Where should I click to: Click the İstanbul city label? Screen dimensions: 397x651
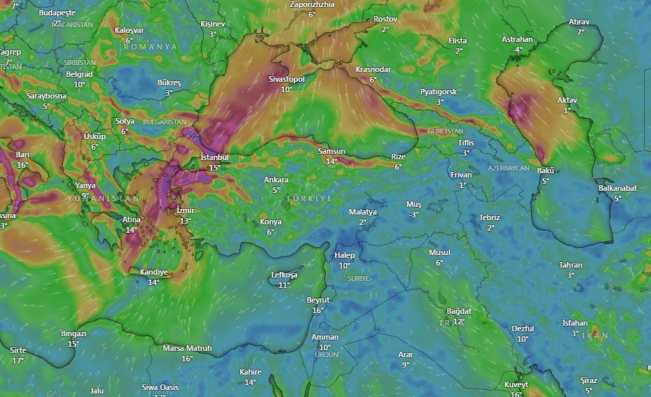[214, 157]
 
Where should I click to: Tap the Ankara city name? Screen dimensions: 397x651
[276, 180]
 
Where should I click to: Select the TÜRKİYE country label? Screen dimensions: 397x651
[309, 199]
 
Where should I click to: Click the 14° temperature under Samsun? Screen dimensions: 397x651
[331, 161]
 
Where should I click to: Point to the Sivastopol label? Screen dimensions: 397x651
[287, 80]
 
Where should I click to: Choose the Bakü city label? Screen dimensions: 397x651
[546, 171]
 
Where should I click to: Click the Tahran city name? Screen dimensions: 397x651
[570, 265]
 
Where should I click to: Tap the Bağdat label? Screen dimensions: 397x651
[459, 311]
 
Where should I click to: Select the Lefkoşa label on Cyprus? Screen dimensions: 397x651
[284, 275]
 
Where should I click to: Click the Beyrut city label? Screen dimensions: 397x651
[318, 300]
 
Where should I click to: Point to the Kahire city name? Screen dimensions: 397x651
[250, 372]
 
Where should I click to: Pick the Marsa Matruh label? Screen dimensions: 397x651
[187, 348]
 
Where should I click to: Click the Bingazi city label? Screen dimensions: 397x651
[73, 333]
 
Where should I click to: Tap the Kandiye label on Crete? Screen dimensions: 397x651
[154, 272]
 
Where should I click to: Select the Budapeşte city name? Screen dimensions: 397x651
[57, 13]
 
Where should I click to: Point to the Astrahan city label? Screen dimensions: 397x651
[517, 40]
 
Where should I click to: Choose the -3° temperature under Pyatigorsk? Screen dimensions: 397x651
[438, 102]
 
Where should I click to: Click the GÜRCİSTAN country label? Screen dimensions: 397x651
[445, 131]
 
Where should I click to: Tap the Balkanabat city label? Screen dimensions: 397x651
[618, 188]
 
